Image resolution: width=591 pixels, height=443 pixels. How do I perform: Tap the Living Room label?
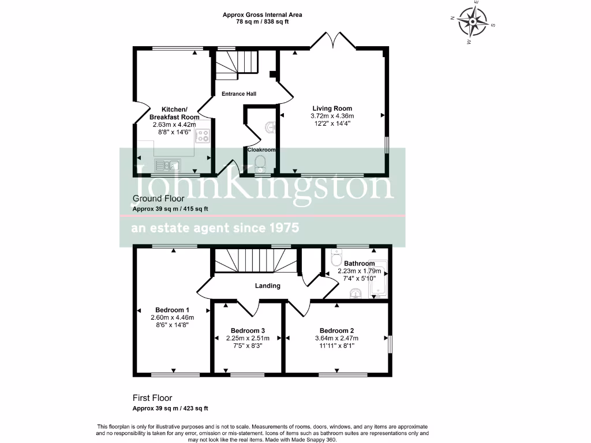[x=332, y=108]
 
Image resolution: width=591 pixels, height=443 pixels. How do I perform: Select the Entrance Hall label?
[x=239, y=94]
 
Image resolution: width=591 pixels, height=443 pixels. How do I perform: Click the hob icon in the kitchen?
[x=203, y=136]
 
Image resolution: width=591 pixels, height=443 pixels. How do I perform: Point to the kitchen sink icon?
[x=167, y=166]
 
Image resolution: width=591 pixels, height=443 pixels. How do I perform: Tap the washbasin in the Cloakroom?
[x=270, y=127]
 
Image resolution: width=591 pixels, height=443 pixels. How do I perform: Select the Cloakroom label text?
[x=261, y=149]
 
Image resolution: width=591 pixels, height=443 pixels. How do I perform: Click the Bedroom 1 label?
[x=172, y=310]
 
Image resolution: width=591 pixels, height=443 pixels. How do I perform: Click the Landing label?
[x=268, y=286]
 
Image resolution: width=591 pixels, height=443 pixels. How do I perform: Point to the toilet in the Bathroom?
[x=338, y=260]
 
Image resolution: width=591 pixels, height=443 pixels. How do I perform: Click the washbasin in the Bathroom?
[x=356, y=294]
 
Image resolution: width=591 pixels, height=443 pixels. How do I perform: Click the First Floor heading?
[x=152, y=398]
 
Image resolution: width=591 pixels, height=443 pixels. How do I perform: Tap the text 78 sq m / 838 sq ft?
[x=263, y=22]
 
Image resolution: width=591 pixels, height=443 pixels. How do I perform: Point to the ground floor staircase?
[x=236, y=65]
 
